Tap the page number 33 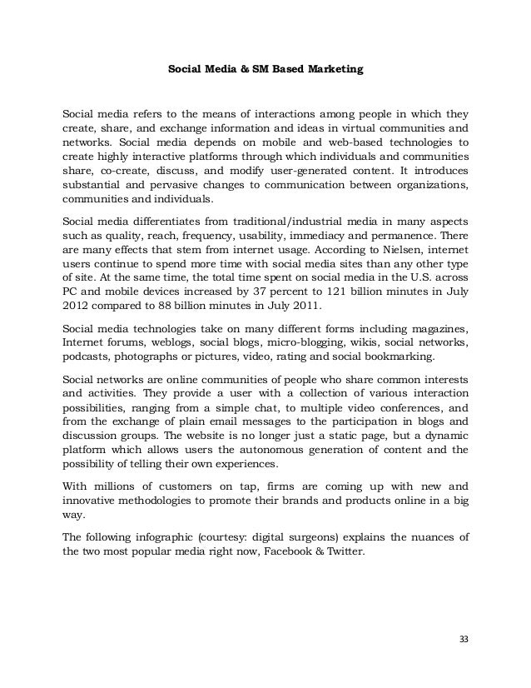464,639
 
